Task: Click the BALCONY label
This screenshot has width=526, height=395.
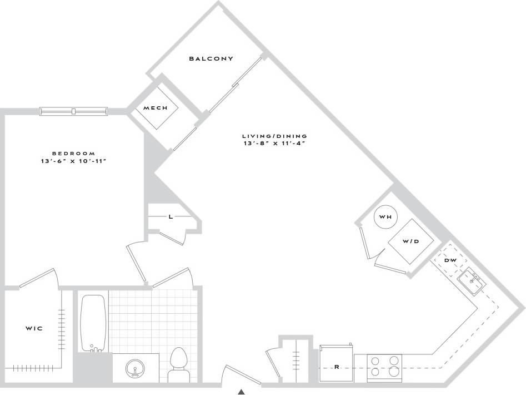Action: [211, 58]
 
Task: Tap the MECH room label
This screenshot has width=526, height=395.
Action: [155, 108]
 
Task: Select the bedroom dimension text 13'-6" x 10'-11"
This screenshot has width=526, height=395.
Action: [73, 161]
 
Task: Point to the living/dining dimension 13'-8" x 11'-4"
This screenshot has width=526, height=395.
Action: [274, 144]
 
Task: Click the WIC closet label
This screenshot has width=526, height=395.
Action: [34, 329]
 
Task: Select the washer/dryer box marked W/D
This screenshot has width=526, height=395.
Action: [410, 241]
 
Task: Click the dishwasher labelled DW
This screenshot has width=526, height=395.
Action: [450, 260]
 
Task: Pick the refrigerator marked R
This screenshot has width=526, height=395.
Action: [336, 367]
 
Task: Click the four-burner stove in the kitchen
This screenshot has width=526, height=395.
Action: [385, 367]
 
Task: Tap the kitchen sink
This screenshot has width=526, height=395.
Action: [472, 282]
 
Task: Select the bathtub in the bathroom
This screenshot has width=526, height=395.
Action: [93, 323]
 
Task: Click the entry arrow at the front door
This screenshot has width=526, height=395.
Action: [242, 392]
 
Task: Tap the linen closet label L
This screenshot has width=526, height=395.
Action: [171, 217]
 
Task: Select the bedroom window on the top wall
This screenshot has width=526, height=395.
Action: [73, 112]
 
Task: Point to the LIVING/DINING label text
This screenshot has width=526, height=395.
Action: [274, 136]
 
